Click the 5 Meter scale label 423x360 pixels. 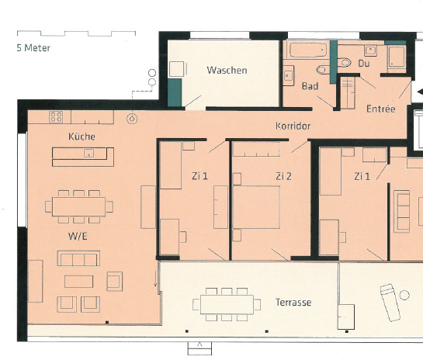33,48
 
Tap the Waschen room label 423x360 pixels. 227,71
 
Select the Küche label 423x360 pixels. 81,137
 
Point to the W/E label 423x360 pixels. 78,237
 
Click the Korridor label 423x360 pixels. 293,126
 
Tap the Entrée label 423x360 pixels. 380,109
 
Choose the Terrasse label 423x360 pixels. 293,303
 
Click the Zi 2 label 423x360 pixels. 283,176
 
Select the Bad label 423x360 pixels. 310,86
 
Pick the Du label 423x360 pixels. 364,64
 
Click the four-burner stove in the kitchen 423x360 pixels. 56,117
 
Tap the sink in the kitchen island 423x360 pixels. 88,154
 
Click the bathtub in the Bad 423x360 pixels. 308,50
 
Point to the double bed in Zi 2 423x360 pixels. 256,207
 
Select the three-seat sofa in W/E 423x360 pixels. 78,258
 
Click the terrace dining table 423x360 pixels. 227,304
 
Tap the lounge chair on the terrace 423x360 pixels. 390,303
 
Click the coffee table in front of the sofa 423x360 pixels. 78,282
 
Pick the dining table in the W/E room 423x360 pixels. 79,207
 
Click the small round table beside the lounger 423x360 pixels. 404,295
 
